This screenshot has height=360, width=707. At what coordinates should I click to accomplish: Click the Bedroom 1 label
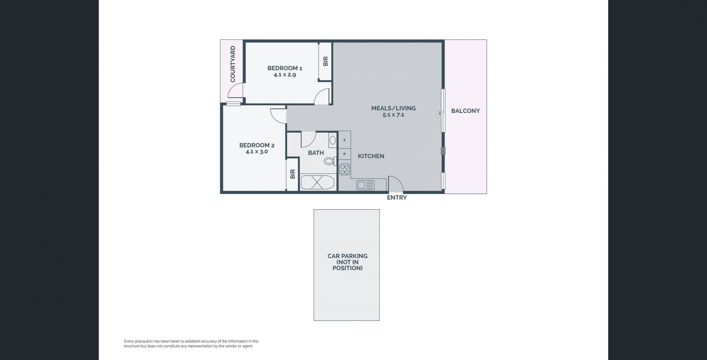click(x=285, y=68)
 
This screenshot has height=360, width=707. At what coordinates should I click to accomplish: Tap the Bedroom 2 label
click(x=257, y=145)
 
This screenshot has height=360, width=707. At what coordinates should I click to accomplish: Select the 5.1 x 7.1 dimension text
click(x=393, y=114)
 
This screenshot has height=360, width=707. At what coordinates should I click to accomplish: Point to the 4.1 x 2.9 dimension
click(x=285, y=74)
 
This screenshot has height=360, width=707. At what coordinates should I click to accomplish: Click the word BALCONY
click(x=465, y=111)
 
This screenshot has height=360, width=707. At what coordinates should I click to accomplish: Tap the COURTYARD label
click(x=233, y=64)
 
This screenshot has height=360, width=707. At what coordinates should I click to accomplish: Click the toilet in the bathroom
click(x=330, y=161)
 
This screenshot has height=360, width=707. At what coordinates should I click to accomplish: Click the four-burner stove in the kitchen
click(x=344, y=169)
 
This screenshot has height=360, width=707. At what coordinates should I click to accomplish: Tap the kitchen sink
click(x=365, y=185)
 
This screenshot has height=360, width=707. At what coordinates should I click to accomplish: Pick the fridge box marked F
click(x=344, y=140)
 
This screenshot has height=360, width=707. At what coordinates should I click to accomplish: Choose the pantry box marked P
click(x=344, y=154)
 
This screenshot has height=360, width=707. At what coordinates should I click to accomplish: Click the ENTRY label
click(x=397, y=198)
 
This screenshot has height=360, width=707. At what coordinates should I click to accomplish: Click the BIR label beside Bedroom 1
click(x=326, y=61)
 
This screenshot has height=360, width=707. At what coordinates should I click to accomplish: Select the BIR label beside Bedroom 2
click(x=293, y=174)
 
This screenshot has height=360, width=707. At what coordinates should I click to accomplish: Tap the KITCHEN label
click(x=371, y=156)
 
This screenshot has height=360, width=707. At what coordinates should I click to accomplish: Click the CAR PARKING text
click(x=348, y=256)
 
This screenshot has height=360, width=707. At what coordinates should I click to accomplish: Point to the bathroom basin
click(x=333, y=140)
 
